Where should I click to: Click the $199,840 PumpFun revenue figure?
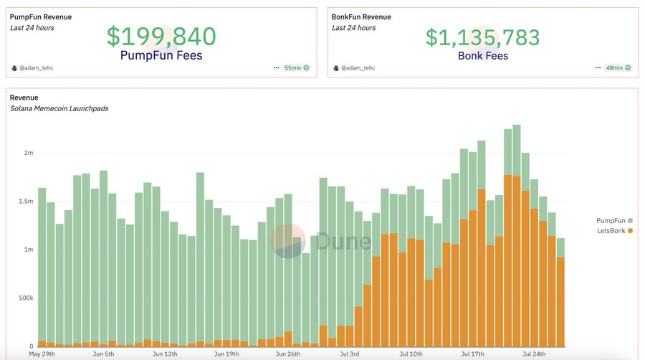tap(161, 37)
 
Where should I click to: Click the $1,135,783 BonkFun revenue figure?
tap(482, 37)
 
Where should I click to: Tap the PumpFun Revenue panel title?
tap(41, 16)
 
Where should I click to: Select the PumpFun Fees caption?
tap(161, 56)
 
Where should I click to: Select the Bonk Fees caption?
tap(482, 56)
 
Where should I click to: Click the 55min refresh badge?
tap(296, 67)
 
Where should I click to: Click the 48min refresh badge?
tap(617, 67)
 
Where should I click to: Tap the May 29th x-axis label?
tap(43, 354)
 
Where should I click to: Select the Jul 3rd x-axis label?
tap(350, 354)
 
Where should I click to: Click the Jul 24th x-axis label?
tap(534, 354)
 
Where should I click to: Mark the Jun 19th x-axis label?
tap(227, 354)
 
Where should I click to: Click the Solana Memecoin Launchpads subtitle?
tap(59, 108)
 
